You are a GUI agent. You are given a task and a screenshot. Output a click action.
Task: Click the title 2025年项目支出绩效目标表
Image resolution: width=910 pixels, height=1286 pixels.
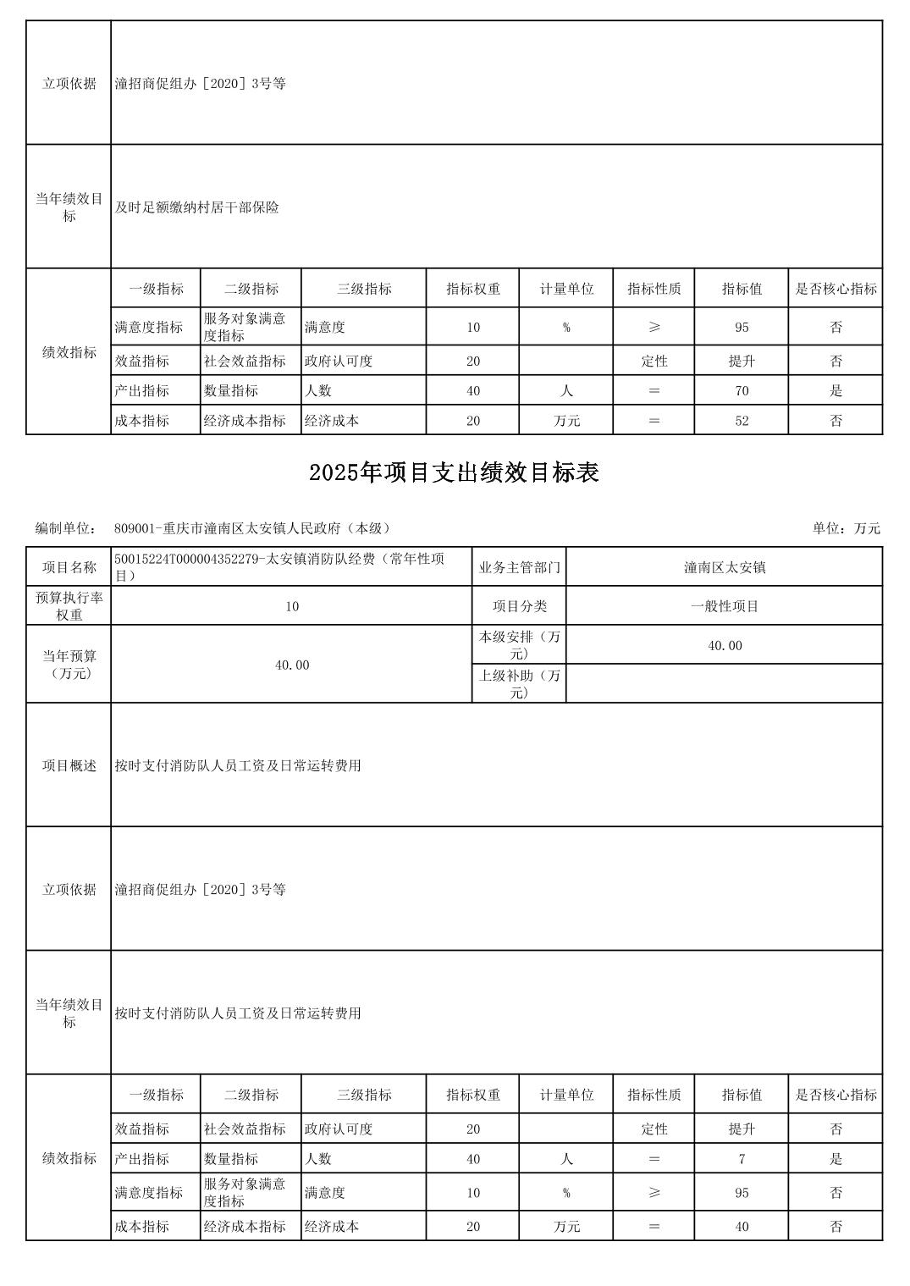[x=454, y=472]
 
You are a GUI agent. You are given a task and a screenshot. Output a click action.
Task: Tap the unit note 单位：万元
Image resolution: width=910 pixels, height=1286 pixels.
[x=846, y=528]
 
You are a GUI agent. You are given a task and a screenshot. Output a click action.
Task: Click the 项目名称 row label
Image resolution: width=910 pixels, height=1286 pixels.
[x=69, y=567]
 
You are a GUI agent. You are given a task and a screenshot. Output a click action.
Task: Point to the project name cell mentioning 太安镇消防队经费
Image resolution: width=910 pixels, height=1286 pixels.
[x=291, y=567]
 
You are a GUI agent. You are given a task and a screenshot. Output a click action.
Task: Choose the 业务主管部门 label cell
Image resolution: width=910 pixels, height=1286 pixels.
[x=519, y=567]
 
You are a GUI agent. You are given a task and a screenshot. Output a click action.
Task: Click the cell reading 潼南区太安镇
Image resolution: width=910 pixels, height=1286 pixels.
[x=725, y=567]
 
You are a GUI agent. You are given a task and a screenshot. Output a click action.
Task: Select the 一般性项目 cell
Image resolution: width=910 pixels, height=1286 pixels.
[x=725, y=606]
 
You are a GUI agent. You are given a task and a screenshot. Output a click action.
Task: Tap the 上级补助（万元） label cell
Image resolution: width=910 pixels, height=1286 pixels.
[x=519, y=684]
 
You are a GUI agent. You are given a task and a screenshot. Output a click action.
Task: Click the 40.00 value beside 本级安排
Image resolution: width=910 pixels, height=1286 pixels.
[x=725, y=646]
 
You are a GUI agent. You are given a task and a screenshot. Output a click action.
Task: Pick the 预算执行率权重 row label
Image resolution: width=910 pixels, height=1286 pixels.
[x=69, y=606]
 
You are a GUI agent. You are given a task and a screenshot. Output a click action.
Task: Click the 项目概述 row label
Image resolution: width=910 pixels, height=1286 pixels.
[x=69, y=765]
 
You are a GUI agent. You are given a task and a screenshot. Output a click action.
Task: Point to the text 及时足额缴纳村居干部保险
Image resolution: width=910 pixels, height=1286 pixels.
[x=197, y=207]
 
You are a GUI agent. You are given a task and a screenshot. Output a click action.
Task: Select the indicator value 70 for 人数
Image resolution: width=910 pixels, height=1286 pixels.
[x=742, y=391]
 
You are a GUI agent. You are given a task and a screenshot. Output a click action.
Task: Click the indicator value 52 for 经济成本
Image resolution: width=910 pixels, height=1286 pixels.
[x=742, y=421]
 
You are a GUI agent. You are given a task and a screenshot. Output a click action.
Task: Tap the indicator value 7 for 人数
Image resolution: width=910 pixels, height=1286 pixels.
[x=742, y=1159]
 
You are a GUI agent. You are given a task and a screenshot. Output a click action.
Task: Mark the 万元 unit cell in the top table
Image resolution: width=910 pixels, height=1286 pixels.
[x=566, y=421]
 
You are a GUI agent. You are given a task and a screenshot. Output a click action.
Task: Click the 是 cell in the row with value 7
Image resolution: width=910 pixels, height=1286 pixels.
[x=836, y=1159]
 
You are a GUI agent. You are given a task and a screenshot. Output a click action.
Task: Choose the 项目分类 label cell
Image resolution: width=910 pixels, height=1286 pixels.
[x=519, y=606]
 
